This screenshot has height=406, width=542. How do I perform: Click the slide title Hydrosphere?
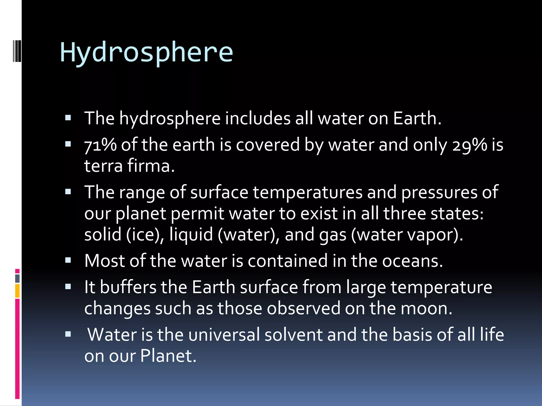click(146, 53)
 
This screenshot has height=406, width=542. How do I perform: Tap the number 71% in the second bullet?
click(100, 145)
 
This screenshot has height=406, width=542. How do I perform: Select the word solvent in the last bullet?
click(293, 335)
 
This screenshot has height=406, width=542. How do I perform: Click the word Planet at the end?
click(168, 356)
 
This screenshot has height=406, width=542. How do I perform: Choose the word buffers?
click(128, 287)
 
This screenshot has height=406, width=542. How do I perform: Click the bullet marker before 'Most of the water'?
click(68, 261)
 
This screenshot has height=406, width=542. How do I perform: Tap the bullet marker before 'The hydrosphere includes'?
click(68, 118)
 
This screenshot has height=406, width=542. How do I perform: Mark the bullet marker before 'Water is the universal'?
click(68, 334)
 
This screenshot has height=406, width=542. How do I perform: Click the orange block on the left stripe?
click(17, 291)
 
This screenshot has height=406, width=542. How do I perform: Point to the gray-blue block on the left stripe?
click(17, 278)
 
